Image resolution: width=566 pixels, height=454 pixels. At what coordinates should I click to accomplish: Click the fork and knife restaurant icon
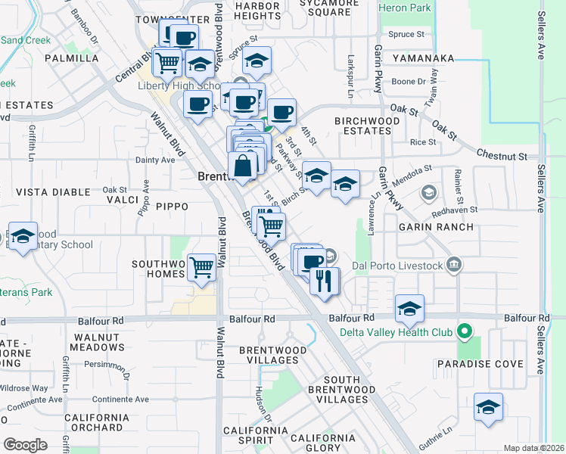[325, 281]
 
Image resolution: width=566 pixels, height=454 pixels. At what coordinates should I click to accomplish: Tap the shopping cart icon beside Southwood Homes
[202, 266]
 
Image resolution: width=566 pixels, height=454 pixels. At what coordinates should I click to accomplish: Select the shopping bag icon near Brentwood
[243, 166]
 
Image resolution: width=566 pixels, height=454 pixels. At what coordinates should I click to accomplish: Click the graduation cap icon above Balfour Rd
[409, 309]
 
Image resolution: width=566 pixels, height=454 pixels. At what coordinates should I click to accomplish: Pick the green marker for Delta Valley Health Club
[467, 332]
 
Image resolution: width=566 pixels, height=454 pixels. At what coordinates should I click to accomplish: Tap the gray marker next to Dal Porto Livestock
[453, 265]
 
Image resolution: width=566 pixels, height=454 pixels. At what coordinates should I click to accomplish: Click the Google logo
[25, 445]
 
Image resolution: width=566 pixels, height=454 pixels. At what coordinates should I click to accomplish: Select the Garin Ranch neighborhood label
[438, 227]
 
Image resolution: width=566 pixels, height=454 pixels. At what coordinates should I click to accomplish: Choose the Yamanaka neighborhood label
[422, 58]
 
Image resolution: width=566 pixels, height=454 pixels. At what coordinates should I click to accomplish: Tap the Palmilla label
[73, 58]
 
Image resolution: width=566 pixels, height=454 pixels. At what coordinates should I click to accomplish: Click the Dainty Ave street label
[154, 160]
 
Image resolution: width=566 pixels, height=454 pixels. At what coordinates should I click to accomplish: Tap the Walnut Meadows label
[95, 341]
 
